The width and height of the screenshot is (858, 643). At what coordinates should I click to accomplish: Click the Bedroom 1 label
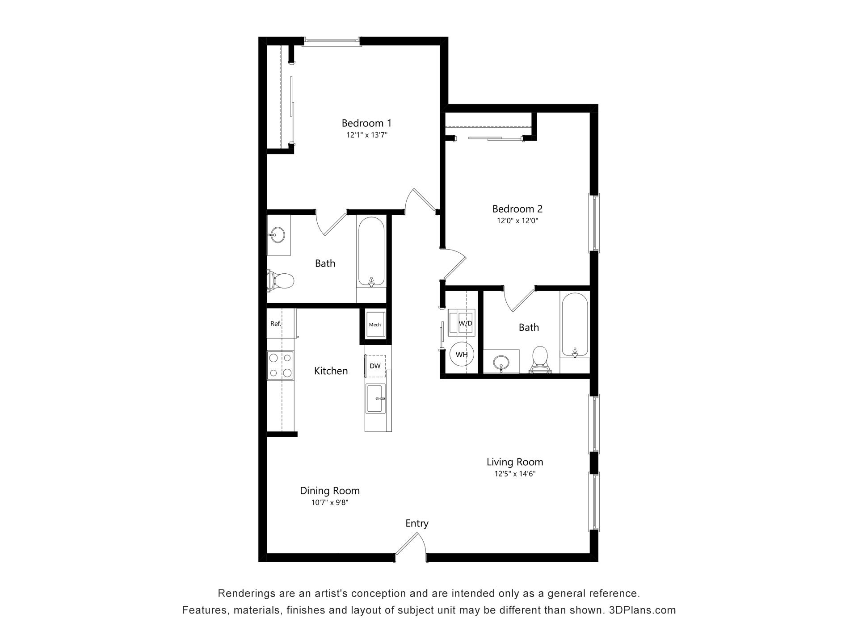[x=366, y=123]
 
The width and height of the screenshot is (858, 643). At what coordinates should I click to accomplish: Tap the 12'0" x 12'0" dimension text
[x=517, y=221]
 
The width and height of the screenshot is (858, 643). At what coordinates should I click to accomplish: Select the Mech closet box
[x=374, y=325]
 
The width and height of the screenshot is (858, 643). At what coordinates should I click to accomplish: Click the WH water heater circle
[x=462, y=355]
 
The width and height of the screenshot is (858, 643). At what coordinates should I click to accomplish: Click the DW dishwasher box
[x=375, y=366]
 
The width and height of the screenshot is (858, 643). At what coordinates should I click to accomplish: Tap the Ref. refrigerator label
[x=276, y=324]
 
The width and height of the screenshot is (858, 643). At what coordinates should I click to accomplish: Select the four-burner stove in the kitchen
[x=280, y=365]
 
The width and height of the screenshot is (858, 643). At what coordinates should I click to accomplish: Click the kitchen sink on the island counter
[x=375, y=398]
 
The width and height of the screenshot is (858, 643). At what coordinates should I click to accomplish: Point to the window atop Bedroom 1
[x=331, y=42]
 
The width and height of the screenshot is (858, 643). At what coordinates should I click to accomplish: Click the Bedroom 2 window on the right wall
[x=594, y=222]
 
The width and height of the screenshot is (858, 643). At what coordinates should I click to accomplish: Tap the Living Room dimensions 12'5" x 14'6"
[x=514, y=474]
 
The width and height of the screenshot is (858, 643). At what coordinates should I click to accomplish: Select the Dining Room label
[x=329, y=491]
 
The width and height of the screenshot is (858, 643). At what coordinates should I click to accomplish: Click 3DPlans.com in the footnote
[x=642, y=610]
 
